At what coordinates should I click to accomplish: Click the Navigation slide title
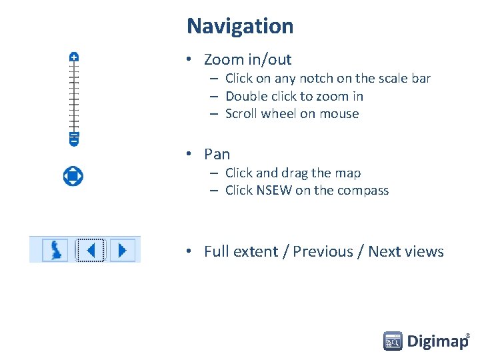click(x=240, y=26)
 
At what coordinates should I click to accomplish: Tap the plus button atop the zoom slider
click(x=74, y=57)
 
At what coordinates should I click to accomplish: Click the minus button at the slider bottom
click(x=74, y=140)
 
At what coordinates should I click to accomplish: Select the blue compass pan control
click(x=73, y=176)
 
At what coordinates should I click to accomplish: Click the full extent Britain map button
click(x=55, y=250)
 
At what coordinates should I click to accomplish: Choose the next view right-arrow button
click(x=122, y=250)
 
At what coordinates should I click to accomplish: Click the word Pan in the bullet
click(x=217, y=154)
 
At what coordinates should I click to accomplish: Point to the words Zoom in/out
click(x=247, y=59)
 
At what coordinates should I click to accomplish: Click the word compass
click(x=363, y=190)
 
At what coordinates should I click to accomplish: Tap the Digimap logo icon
click(x=393, y=341)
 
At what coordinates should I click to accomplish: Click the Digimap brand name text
click(x=437, y=341)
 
